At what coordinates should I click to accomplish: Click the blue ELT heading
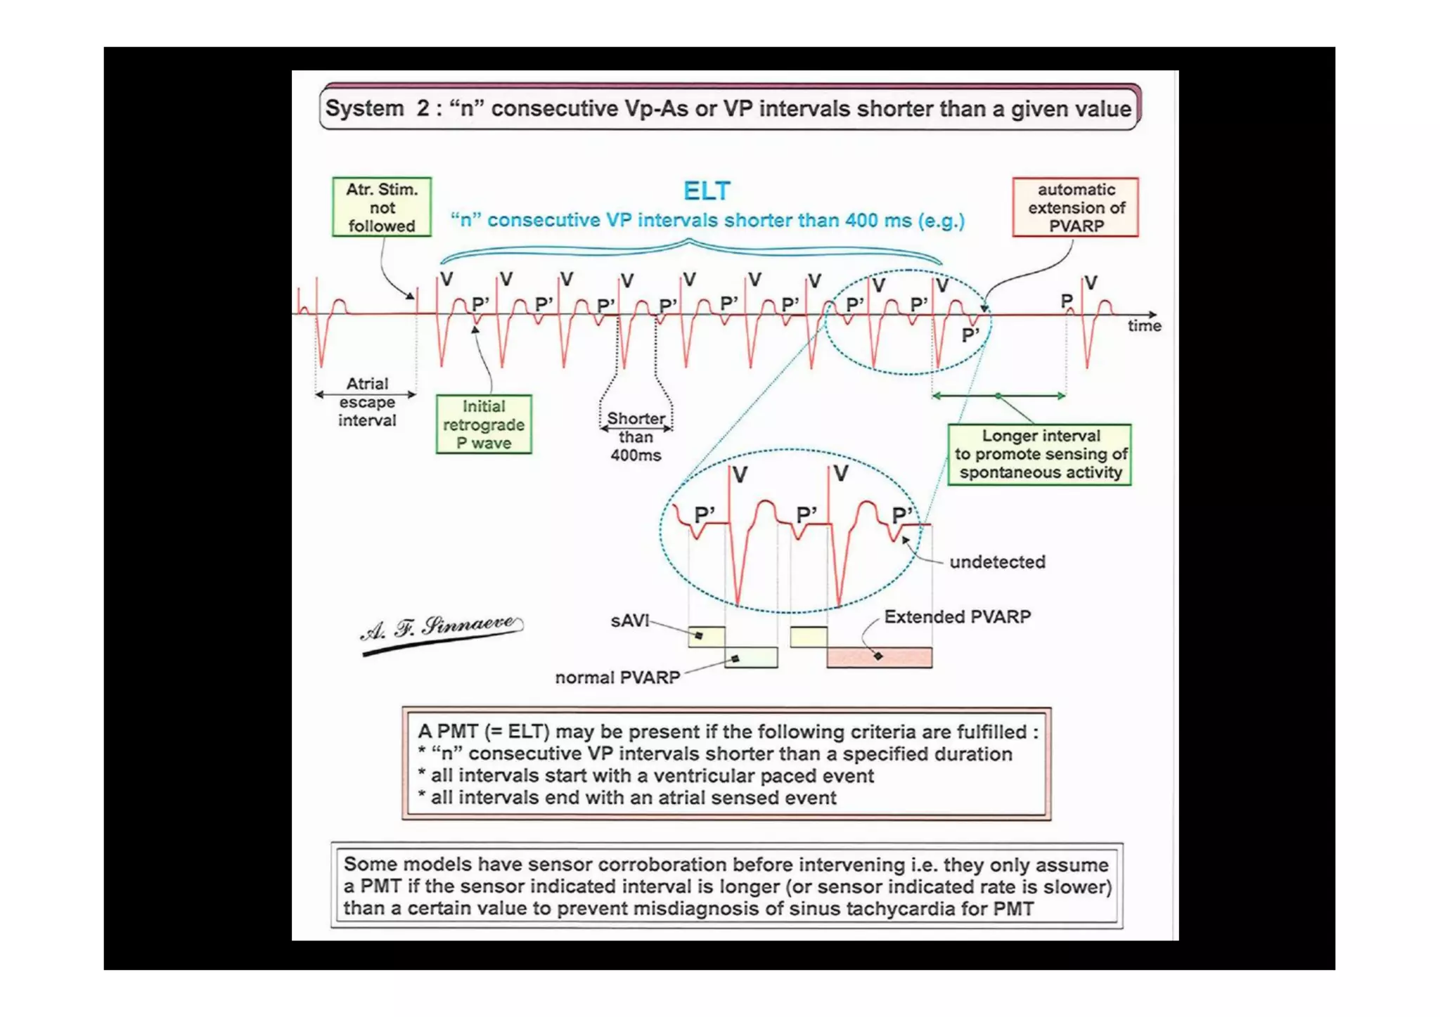click(707, 190)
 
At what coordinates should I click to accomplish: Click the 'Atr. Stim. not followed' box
click(382, 207)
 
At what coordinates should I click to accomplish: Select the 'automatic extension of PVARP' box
click(1075, 207)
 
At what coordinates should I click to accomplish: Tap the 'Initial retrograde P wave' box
click(484, 425)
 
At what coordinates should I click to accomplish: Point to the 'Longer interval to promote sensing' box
click(1039, 454)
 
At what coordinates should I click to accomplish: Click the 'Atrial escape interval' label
click(367, 403)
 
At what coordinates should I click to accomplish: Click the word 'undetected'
click(997, 562)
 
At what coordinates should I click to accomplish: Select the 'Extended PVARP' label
click(957, 616)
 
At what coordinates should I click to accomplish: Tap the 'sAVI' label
click(629, 621)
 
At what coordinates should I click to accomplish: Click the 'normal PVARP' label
click(617, 677)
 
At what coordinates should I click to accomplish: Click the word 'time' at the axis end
click(1144, 325)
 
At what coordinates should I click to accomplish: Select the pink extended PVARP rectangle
click(879, 657)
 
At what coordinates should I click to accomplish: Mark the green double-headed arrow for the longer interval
click(998, 396)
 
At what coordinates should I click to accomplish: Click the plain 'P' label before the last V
click(1066, 301)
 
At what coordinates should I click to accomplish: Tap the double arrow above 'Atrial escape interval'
click(366, 394)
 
